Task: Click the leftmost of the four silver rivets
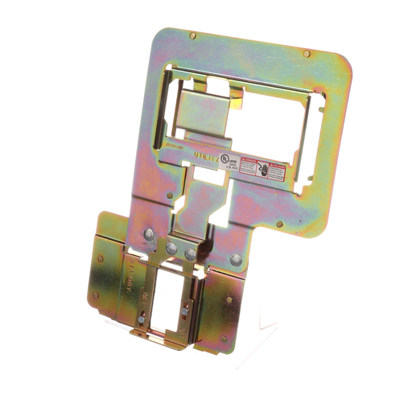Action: (x=149, y=236)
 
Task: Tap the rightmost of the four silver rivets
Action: (x=236, y=260)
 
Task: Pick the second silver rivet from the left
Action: (x=171, y=250)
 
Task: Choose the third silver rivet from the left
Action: (x=190, y=254)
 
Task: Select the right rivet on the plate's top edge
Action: (x=307, y=54)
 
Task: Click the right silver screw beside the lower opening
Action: (x=186, y=311)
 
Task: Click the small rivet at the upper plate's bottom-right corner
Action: (x=279, y=224)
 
